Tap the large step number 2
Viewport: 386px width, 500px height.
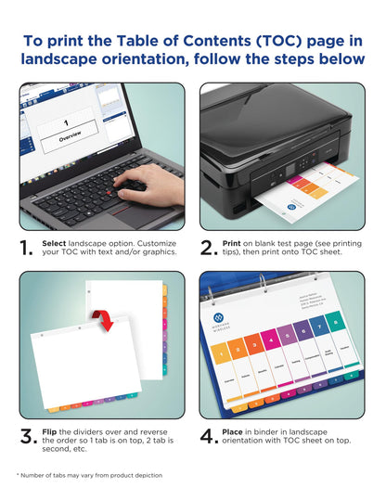(x=209, y=248)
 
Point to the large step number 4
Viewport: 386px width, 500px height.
(x=209, y=439)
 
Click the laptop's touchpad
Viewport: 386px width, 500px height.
(x=113, y=214)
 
